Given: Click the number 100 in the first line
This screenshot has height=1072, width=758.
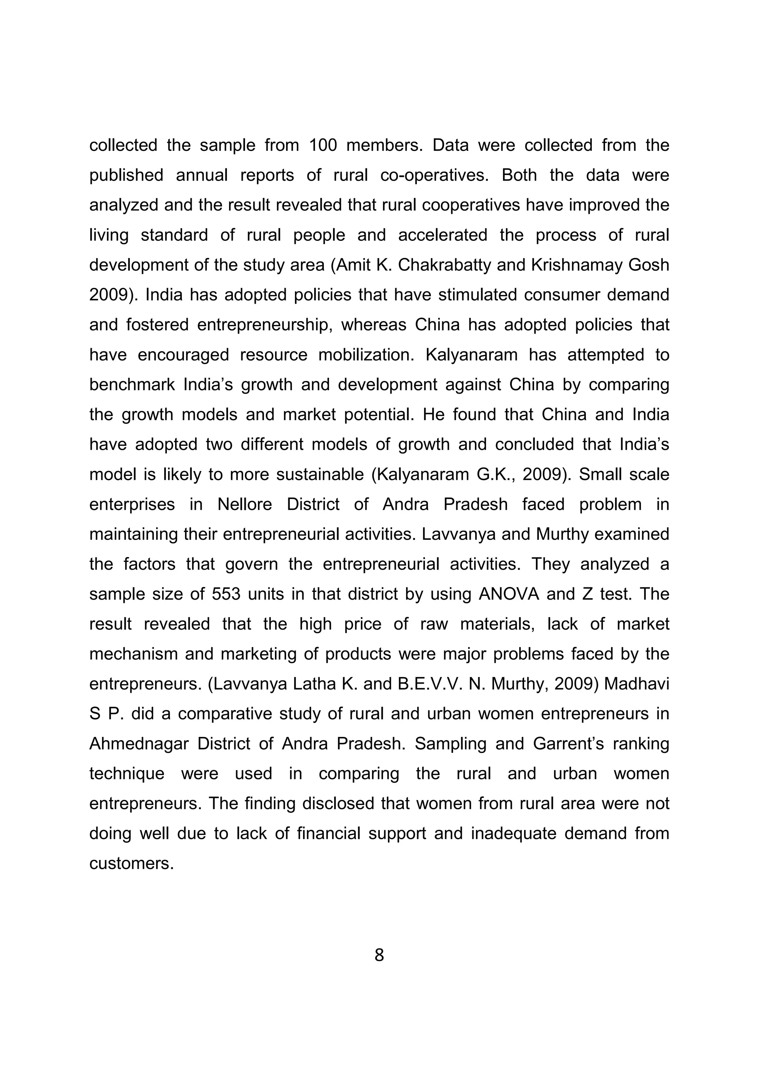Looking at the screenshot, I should point(322,145).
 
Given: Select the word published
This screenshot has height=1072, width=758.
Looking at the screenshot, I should point(126,176).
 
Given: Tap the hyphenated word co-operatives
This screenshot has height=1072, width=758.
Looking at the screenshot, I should point(435,176).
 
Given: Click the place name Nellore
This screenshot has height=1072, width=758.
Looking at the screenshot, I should point(245,504).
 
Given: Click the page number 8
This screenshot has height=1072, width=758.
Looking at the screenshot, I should point(379,955).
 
